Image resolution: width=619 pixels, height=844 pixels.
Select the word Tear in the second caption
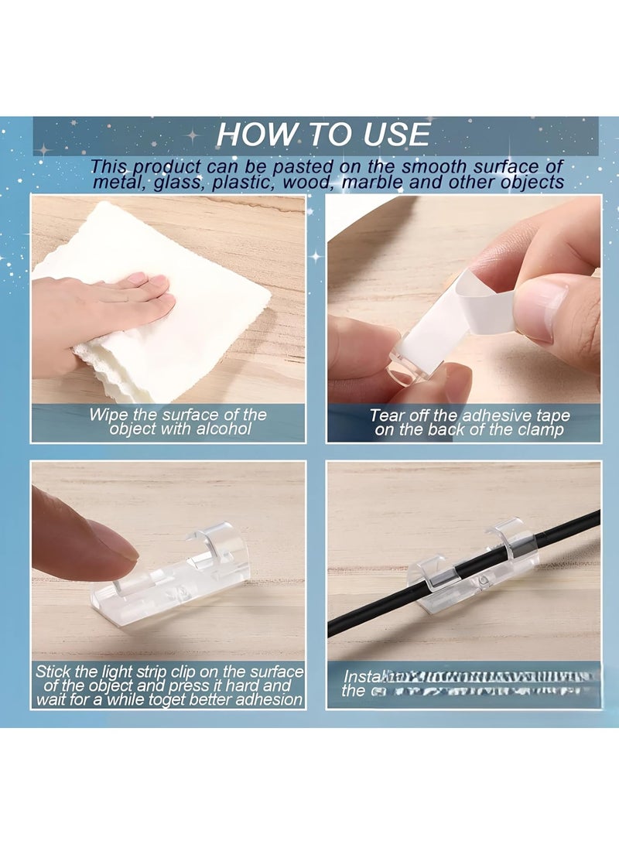tap(387, 415)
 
